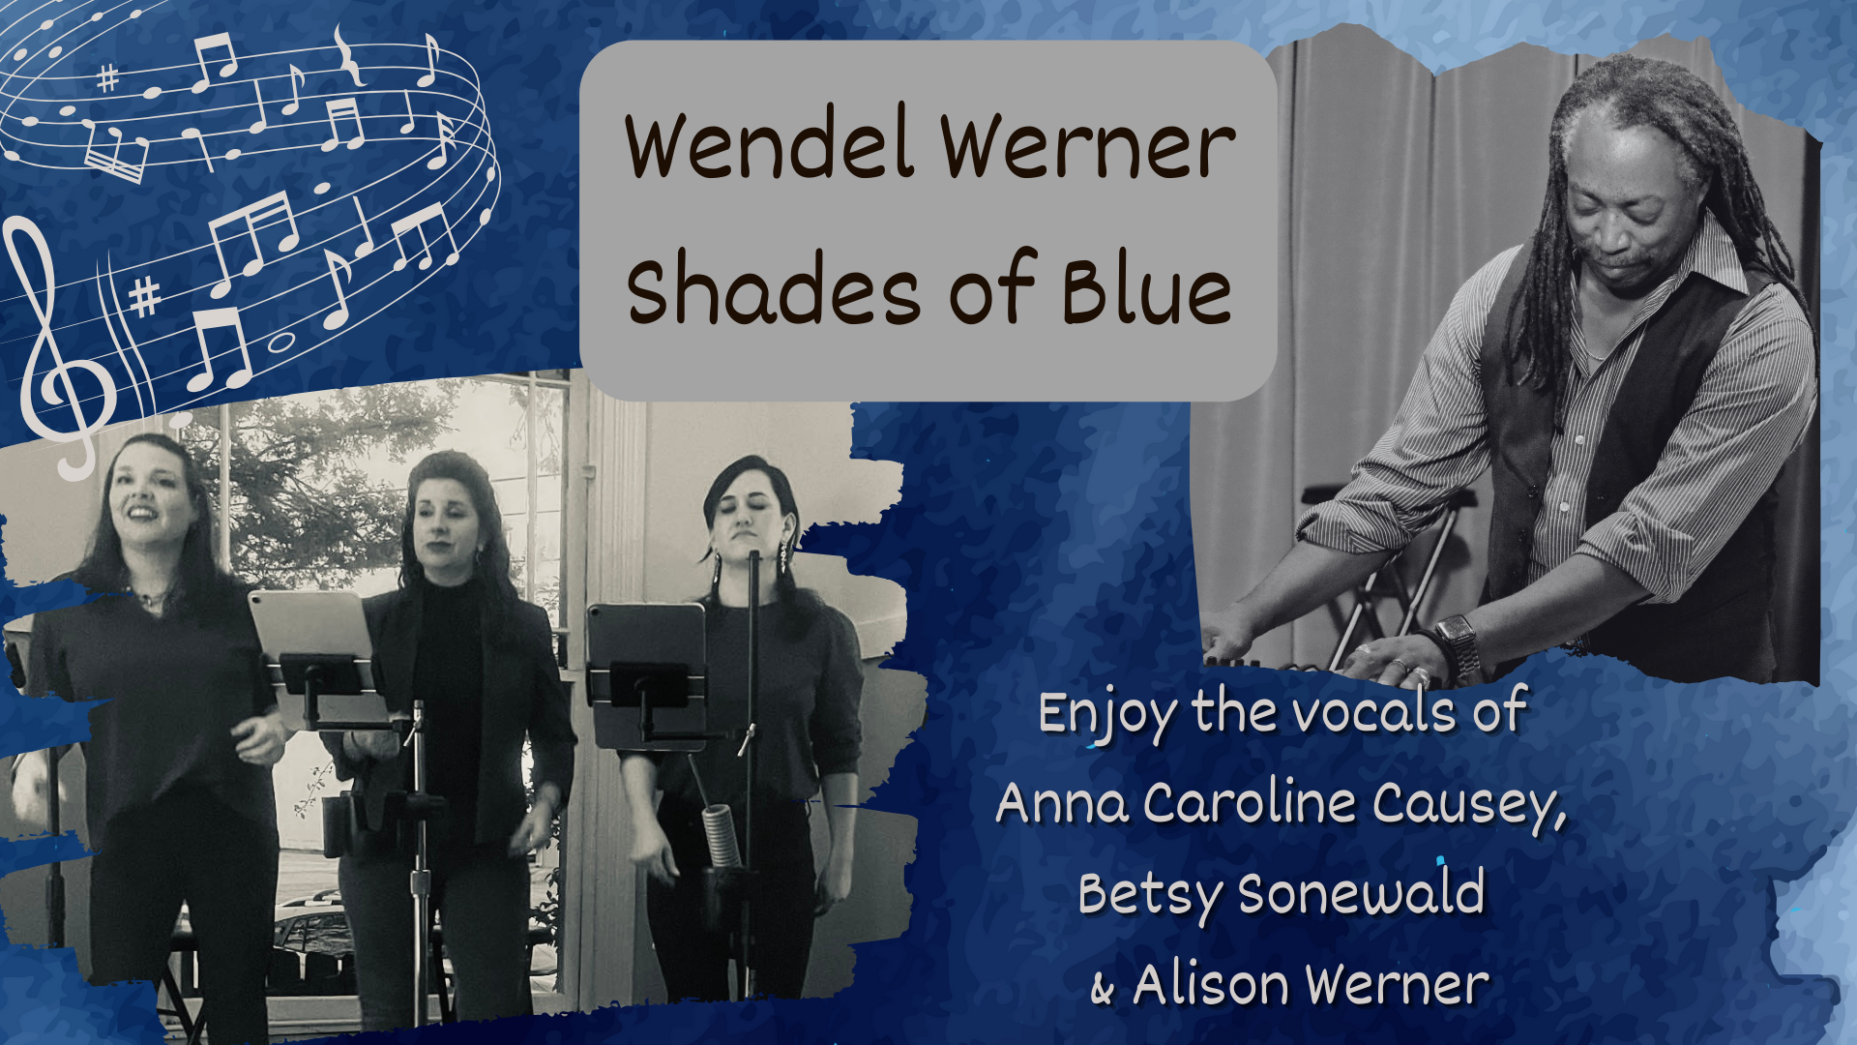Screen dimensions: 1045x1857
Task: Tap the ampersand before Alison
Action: coord(1102,989)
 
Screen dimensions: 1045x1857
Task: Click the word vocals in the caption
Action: coord(1374,714)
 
